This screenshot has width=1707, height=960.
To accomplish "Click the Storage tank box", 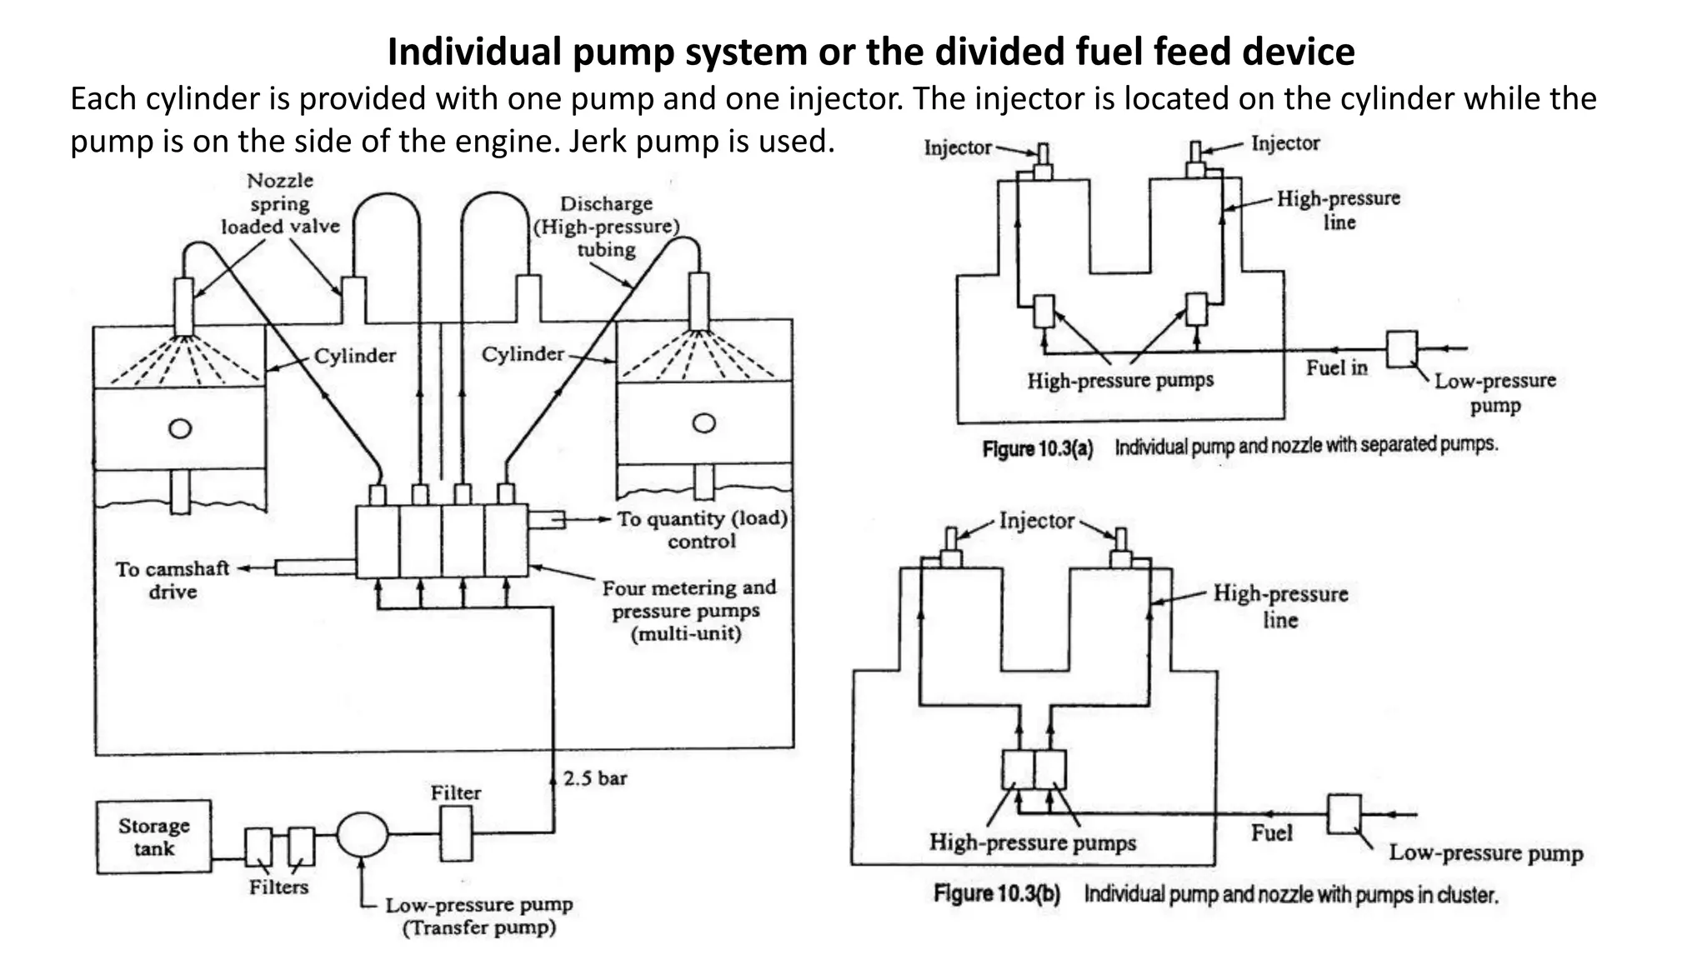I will [153, 837].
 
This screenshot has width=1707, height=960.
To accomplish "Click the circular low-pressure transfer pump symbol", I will [362, 834].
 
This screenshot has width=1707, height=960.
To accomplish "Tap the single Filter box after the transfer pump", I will [455, 834].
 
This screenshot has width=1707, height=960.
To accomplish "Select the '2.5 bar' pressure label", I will [594, 778].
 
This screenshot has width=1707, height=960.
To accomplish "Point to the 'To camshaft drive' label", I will [172, 580].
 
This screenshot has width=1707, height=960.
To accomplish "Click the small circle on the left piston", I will [180, 428].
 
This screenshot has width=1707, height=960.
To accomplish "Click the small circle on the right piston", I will [704, 423].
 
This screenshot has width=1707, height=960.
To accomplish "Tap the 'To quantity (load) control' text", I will [702, 529].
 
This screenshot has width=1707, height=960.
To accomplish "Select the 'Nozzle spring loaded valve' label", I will [280, 203].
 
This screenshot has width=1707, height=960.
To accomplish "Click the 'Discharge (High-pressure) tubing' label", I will [607, 226].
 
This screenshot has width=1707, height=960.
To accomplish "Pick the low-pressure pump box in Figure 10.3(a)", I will [1401, 349].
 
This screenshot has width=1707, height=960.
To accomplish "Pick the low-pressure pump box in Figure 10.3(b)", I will [1344, 813].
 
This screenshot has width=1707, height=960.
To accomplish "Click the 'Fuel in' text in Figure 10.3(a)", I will [1336, 367].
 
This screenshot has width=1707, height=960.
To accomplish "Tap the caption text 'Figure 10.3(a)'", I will [1037, 448].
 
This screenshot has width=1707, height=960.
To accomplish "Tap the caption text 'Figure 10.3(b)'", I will [997, 894].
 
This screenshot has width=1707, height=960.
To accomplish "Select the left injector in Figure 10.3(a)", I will [1043, 160].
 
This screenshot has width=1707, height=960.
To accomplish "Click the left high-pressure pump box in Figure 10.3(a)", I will [1044, 311].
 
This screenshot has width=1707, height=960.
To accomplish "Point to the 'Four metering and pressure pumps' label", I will [688, 610].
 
